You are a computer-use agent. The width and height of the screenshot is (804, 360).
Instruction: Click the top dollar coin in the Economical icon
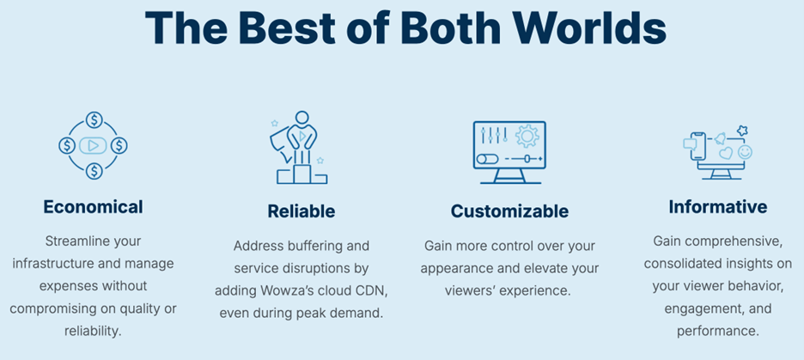click(x=94, y=121)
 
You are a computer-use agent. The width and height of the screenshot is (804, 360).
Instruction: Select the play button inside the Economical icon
click(x=94, y=146)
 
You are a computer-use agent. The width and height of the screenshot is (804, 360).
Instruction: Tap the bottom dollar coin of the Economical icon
click(x=94, y=171)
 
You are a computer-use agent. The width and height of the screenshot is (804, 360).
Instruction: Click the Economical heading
click(x=94, y=207)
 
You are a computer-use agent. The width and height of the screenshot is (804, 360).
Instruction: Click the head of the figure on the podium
click(x=302, y=118)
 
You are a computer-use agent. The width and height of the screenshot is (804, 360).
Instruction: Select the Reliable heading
click(x=301, y=211)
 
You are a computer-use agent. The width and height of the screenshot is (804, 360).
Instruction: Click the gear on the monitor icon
click(x=527, y=137)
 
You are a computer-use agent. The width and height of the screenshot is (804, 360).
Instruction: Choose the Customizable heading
click(x=509, y=211)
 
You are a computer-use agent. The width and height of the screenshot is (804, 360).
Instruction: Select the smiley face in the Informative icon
click(x=745, y=152)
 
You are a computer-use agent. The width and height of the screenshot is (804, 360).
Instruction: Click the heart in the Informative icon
click(x=726, y=153)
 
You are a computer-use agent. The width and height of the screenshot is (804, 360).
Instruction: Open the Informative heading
click(x=718, y=207)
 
